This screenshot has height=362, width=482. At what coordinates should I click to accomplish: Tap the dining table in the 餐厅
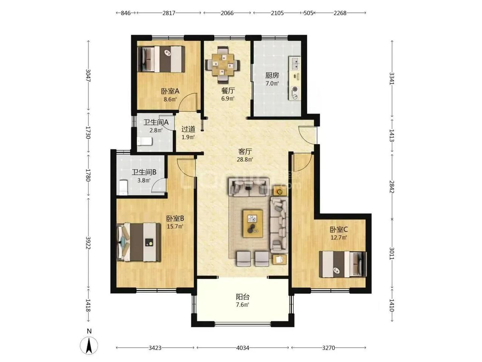coord(222,64)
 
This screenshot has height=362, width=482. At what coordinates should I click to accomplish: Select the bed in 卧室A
coord(161,59)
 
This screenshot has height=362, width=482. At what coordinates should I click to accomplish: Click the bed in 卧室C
coord(343,264)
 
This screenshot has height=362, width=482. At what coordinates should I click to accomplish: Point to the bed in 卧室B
coord(139,242)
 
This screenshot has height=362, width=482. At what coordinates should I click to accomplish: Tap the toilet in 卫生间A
coord(145,141)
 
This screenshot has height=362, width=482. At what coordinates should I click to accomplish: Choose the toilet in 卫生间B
coord(124,187)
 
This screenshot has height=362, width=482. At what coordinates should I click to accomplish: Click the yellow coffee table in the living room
coord(253,224)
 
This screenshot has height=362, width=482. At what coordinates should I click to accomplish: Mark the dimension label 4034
coord(243,348)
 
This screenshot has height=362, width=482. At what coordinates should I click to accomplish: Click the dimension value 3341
coord(392,78)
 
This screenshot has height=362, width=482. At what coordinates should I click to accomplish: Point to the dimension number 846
coord(126,13)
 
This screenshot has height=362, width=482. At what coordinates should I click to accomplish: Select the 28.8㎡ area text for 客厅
coord(245,160)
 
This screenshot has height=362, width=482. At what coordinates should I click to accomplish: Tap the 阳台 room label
coord(243,297)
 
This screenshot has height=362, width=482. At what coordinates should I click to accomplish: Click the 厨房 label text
coord(272,75)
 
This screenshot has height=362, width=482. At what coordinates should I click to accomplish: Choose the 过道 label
coord(188,129)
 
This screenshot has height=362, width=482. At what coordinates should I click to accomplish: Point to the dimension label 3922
coord(88,243)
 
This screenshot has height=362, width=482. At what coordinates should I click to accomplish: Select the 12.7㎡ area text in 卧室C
coord(339,238)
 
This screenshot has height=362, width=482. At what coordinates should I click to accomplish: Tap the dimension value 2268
coord(340,13)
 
